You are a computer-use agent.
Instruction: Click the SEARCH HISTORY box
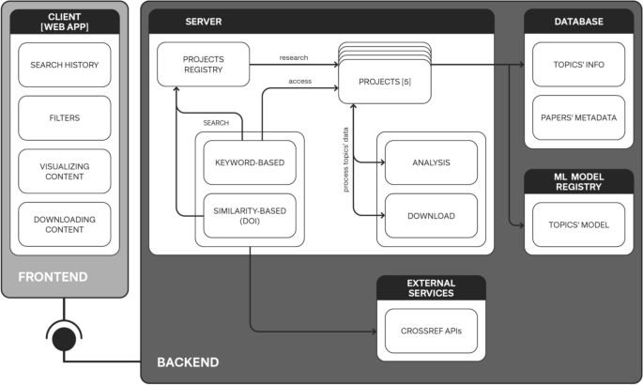click(64, 65)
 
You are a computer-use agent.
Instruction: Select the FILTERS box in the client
click(64, 118)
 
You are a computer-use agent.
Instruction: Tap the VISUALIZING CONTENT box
click(64, 171)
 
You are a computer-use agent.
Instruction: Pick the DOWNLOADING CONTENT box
click(64, 224)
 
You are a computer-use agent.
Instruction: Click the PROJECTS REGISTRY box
click(203, 65)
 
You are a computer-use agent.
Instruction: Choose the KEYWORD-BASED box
click(250, 162)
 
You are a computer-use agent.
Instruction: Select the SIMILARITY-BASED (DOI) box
click(250, 215)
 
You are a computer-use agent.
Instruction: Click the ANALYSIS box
click(431, 162)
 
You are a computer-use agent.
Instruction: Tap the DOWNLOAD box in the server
click(431, 215)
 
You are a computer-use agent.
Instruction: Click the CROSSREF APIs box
click(431, 330)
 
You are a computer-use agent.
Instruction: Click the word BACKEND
click(188, 362)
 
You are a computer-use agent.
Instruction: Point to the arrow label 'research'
click(294, 58)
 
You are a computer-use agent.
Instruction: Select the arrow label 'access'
click(300, 81)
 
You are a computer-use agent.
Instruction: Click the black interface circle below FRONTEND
click(64, 334)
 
